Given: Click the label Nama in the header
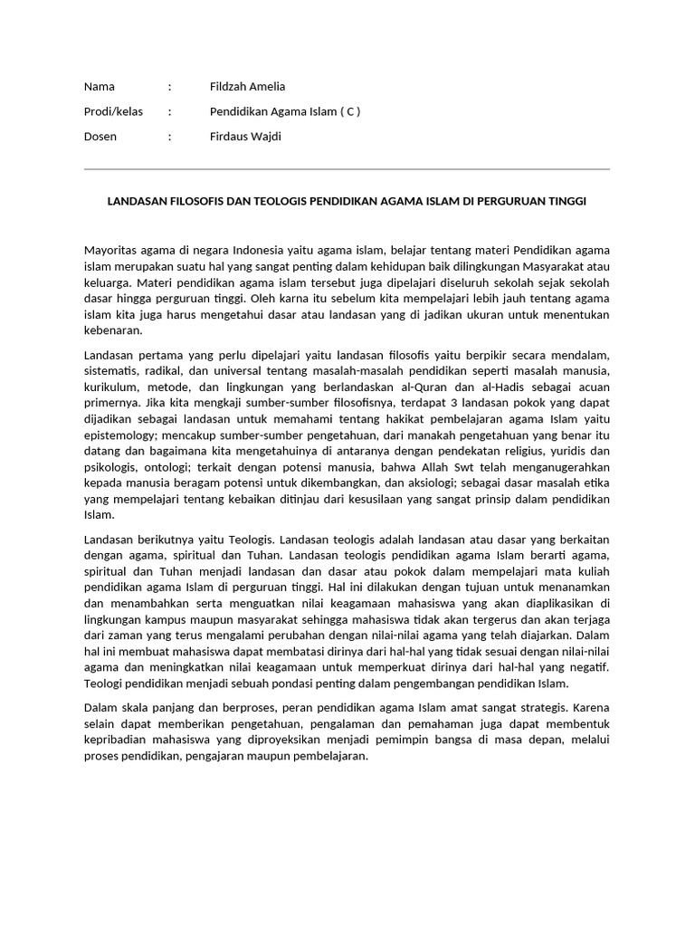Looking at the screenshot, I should [x=100, y=87].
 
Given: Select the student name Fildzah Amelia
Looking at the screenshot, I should [x=247, y=87].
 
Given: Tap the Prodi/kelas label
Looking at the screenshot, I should [x=113, y=112].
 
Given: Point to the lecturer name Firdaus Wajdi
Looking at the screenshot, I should [x=245, y=137].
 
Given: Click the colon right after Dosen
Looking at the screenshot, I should [x=169, y=137].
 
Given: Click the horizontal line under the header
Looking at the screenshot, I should [x=347, y=169].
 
